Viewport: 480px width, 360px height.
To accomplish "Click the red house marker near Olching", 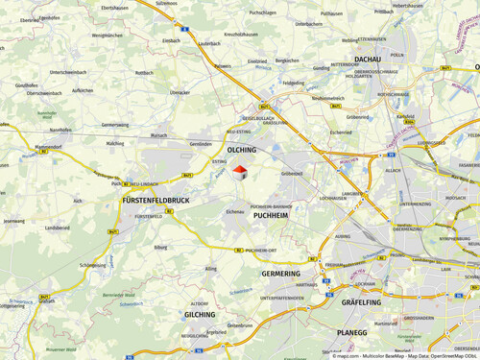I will pyautogui.click(x=240, y=172).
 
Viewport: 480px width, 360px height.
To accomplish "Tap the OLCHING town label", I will pyautogui.click(x=242, y=151).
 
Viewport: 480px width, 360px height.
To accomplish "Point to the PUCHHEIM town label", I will pyautogui.click(x=271, y=216).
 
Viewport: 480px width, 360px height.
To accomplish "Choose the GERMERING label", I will pyautogui.click(x=280, y=274).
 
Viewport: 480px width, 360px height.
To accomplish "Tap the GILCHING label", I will pyautogui.click(x=200, y=314).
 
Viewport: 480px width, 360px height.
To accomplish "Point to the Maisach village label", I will pyautogui.click(x=158, y=135).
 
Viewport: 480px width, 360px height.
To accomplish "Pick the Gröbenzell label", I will pyautogui.click(x=292, y=174).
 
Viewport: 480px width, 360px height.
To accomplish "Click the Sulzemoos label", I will pyautogui.click(x=166, y=4).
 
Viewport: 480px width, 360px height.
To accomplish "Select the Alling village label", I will pyautogui.click(x=210, y=269).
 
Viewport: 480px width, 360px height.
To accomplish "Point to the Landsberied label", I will pyautogui.click(x=58, y=228).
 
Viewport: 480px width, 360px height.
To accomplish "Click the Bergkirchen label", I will pyautogui.click(x=287, y=60).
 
